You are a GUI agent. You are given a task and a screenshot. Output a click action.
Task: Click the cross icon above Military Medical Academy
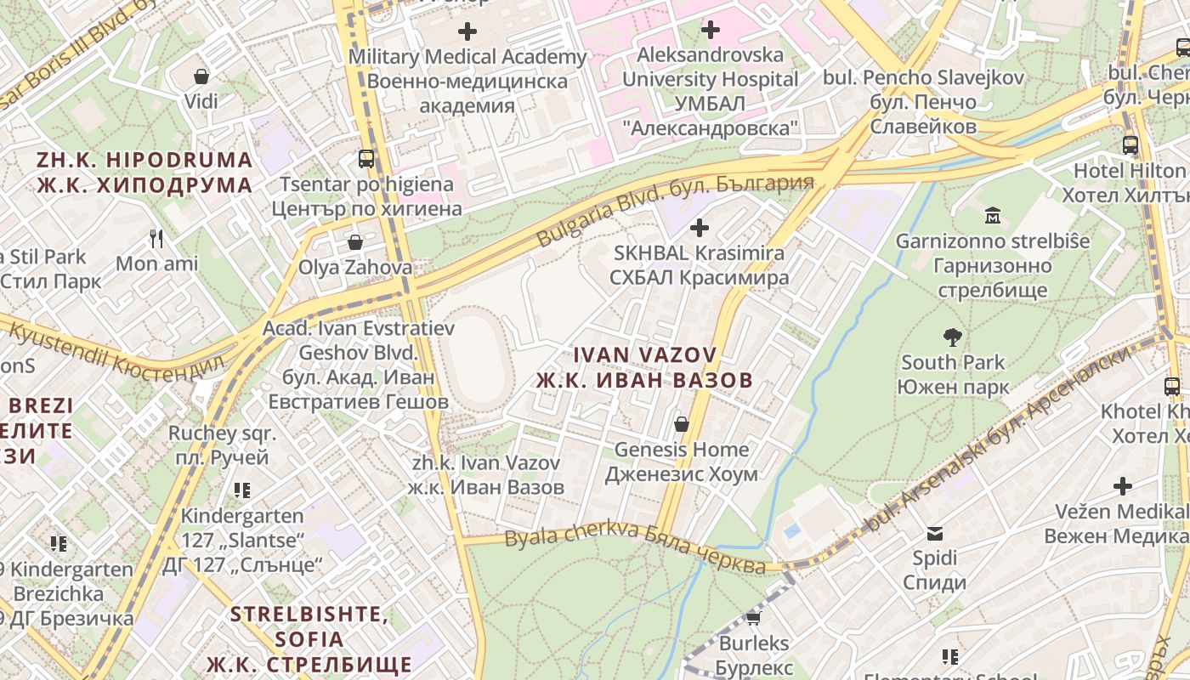click(x=467, y=31)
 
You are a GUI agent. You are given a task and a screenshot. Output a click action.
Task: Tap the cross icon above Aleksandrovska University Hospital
click(x=710, y=30)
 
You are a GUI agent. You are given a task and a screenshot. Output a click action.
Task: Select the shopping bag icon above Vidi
click(x=201, y=76)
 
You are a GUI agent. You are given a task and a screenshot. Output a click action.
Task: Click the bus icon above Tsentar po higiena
click(x=365, y=158)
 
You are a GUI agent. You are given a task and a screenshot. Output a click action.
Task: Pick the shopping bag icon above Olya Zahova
click(x=355, y=242)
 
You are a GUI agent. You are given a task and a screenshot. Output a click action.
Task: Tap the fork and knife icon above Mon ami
click(x=156, y=238)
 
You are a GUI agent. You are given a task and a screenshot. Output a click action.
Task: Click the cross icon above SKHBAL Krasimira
click(x=700, y=228)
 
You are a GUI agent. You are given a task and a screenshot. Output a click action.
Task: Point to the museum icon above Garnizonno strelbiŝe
click(x=992, y=216)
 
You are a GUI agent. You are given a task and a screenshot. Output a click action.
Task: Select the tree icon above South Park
click(x=953, y=337)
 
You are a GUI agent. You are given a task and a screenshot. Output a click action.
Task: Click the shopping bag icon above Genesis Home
click(x=681, y=423)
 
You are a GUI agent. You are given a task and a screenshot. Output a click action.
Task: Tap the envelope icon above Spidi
click(x=935, y=533)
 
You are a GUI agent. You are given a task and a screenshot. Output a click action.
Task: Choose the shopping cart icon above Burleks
click(x=753, y=617)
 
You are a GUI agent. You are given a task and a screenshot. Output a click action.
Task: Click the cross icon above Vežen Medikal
click(x=1123, y=486)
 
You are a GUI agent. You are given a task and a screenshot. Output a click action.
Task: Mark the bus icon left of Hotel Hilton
click(x=1130, y=145)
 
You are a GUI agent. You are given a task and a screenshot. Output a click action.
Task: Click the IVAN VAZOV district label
click(x=644, y=366)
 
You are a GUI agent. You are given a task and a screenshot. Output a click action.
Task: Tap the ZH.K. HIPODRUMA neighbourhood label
click(x=144, y=173)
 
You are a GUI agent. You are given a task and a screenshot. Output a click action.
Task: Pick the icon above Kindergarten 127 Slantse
click(x=242, y=490)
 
